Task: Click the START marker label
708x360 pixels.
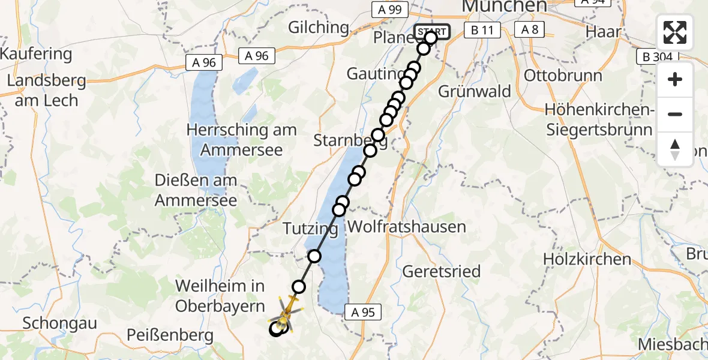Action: click(431, 32)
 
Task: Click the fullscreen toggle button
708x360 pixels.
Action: click(675, 32)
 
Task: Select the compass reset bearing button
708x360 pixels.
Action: click(675, 149)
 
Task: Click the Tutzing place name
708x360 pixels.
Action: click(310, 229)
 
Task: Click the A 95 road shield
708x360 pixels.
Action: click(362, 311)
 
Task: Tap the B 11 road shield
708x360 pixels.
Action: click(482, 30)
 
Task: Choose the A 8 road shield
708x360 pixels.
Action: click(529, 30)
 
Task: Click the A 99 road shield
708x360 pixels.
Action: click(389, 10)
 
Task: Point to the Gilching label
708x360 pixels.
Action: click(318, 27)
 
